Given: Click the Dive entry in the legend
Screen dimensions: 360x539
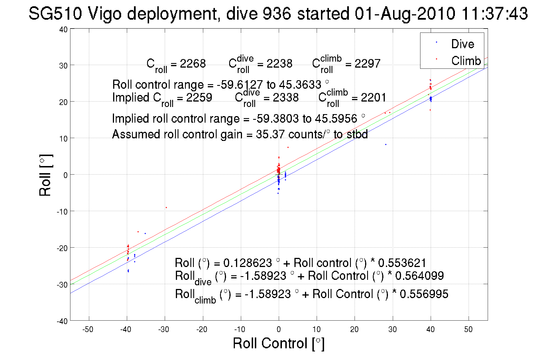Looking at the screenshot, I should point(462,44).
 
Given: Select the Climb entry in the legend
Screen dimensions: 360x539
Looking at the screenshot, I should point(466,61).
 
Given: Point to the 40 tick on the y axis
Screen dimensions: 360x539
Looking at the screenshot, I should point(63,29).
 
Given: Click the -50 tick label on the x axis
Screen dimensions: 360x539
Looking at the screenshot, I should point(88,329).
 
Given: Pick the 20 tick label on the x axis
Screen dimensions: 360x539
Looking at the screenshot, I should point(354,329).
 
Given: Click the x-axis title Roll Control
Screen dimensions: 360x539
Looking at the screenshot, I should point(278,343).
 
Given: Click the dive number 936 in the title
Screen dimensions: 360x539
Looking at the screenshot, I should point(276,13).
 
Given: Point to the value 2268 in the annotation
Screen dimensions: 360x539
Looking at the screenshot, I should point(193,63).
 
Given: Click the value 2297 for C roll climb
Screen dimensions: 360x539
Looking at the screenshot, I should point(367,63).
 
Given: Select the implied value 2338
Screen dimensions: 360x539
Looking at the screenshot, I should point(286,98).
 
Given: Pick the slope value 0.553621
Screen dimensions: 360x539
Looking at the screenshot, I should point(402,263).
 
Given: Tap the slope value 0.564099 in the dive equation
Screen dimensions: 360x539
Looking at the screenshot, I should point(419,276).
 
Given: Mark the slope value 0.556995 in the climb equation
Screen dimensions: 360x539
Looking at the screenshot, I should point(424,294).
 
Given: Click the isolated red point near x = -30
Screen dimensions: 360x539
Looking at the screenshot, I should point(166,207).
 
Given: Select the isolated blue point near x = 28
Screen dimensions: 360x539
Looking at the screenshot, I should point(386,145).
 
